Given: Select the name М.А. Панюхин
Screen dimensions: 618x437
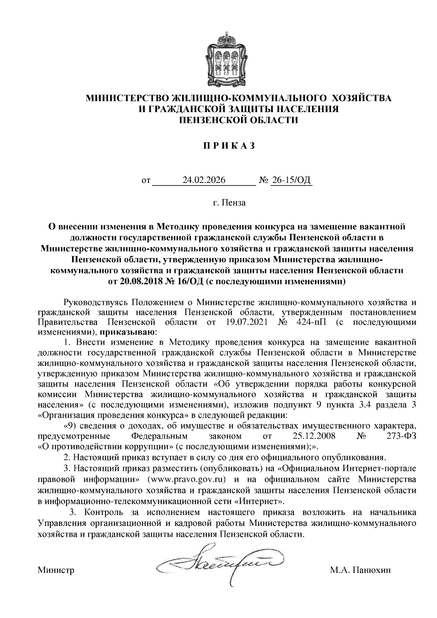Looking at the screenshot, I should [360, 570].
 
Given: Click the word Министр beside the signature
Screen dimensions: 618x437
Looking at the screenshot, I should [56, 570].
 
